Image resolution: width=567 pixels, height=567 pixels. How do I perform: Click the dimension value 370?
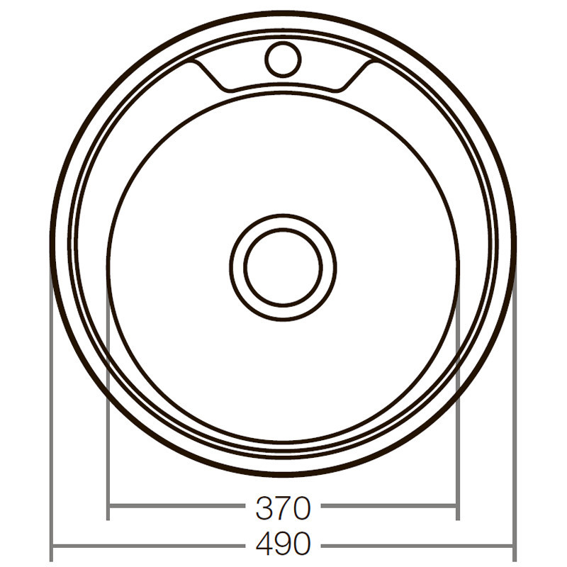283,507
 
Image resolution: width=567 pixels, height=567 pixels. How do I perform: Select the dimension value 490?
283,544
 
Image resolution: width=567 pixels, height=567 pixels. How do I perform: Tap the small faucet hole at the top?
282,59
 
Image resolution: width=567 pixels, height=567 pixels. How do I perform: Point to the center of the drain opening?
283,267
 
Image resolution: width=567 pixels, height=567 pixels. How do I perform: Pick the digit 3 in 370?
263,507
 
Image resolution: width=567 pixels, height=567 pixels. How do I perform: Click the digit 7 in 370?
282,507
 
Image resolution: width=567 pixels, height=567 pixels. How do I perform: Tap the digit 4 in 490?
262,544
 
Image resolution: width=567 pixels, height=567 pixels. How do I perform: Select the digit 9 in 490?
282,544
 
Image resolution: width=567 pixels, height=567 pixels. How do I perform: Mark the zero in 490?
301,544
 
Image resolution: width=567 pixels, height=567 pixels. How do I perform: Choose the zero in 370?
301,507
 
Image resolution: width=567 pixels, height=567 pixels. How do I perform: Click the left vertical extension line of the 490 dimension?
52,425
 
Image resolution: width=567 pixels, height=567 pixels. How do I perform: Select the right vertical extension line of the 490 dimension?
515,425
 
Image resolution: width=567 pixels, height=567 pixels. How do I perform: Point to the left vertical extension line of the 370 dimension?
108,425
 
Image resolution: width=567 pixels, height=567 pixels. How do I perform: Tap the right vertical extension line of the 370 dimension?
458,425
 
